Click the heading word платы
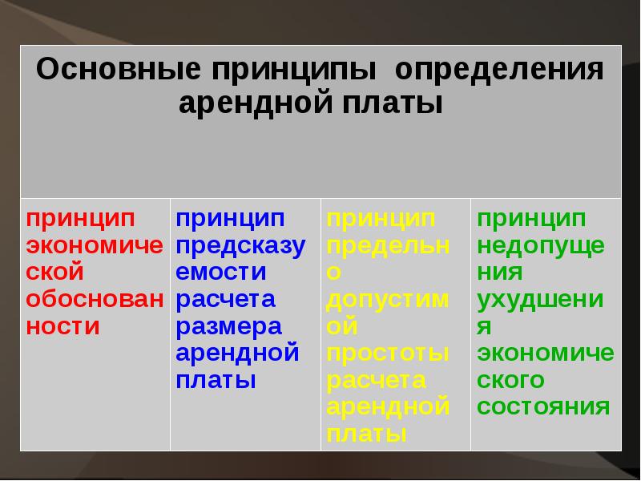click(x=397, y=103)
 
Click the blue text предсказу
click(x=240, y=245)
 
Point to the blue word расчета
click(x=226, y=299)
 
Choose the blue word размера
click(x=229, y=326)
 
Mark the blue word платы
click(x=216, y=380)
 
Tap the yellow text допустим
click(x=386, y=299)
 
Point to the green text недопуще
click(x=541, y=245)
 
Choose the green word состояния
click(x=543, y=406)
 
